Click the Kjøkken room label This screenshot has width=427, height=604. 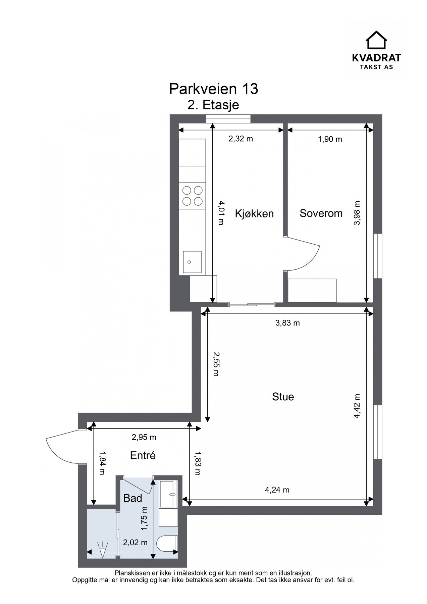tap(254, 214)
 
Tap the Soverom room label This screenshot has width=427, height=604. tap(321, 213)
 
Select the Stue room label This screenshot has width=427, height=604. tap(283, 397)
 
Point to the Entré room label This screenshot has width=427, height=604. tap(143, 455)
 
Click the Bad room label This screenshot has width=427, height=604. tap(133, 498)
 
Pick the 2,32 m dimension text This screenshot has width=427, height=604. tap(241, 139)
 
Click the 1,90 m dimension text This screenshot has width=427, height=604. tap(330, 139)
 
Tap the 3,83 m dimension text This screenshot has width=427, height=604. tap(287, 323)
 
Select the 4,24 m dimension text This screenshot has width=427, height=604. tap(277, 490)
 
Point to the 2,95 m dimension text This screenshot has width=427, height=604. tap(144, 437)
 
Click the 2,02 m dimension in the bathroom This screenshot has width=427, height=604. tap(135, 543)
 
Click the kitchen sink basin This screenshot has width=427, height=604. tap(192, 262)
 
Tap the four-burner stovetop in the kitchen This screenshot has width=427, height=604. tap(192, 196)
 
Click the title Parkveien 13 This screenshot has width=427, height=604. tap(214, 89)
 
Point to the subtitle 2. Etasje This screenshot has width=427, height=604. tap(213, 105)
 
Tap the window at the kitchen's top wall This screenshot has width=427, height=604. tap(228, 117)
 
